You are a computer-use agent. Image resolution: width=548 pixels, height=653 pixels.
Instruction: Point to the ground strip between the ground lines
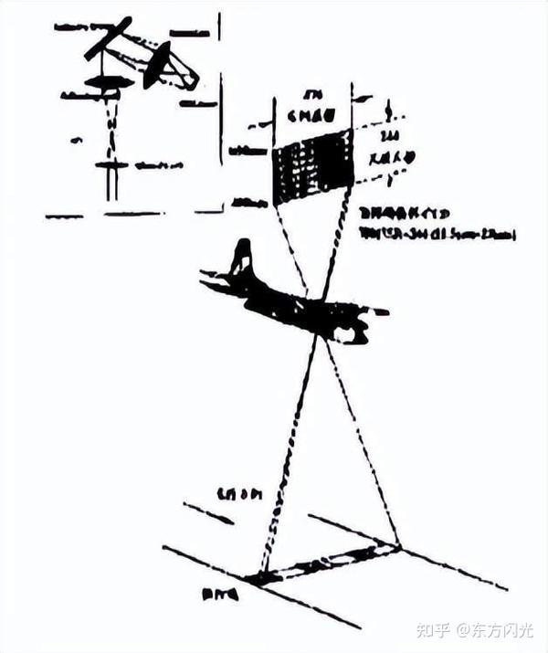coord(324,563)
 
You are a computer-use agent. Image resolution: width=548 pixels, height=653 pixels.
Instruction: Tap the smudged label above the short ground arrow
coord(239,494)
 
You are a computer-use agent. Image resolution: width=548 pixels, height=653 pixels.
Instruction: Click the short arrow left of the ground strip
coord(209,513)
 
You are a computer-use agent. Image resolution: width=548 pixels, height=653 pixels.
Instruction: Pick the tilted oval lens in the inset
coord(157,66)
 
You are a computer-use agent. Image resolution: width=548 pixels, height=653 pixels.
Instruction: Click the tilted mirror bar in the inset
coord(108,38)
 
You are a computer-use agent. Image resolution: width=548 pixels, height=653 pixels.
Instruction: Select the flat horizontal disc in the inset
coord(109,83)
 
